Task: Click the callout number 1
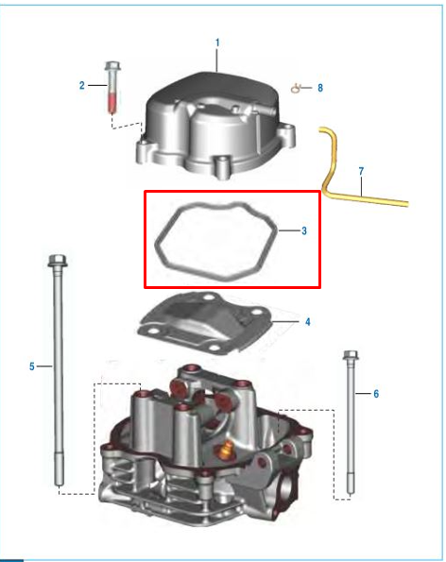[217, 43]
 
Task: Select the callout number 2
[82, 86]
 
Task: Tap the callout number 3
[303, 230]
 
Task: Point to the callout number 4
[307, 322]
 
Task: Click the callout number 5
[32, 366]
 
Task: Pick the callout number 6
[376, 393]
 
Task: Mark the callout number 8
[319, 88]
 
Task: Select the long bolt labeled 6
[352, 425]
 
